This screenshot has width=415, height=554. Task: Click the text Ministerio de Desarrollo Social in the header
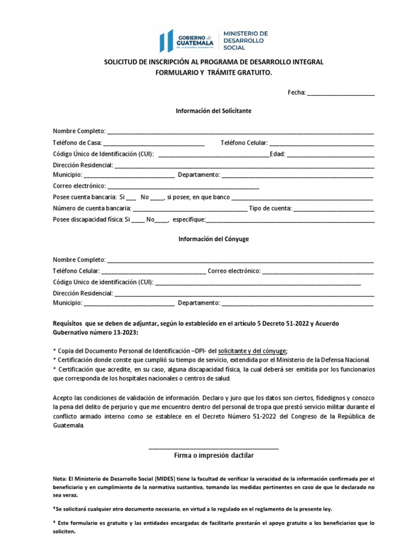tap(242, 41)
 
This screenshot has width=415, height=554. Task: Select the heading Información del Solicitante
tap(213, 110)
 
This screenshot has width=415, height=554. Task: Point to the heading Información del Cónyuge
tap(213, 239)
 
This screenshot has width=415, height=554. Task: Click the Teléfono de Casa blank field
tap(153, 143)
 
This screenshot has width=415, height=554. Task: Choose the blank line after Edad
tap(330, 155)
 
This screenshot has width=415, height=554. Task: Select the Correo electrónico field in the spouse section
tap(318, 272)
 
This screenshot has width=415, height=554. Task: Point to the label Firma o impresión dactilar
tap(213, 456)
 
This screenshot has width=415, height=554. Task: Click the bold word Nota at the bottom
tap(59, 479)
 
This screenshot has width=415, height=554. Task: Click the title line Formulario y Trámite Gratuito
tap(213, 72)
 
